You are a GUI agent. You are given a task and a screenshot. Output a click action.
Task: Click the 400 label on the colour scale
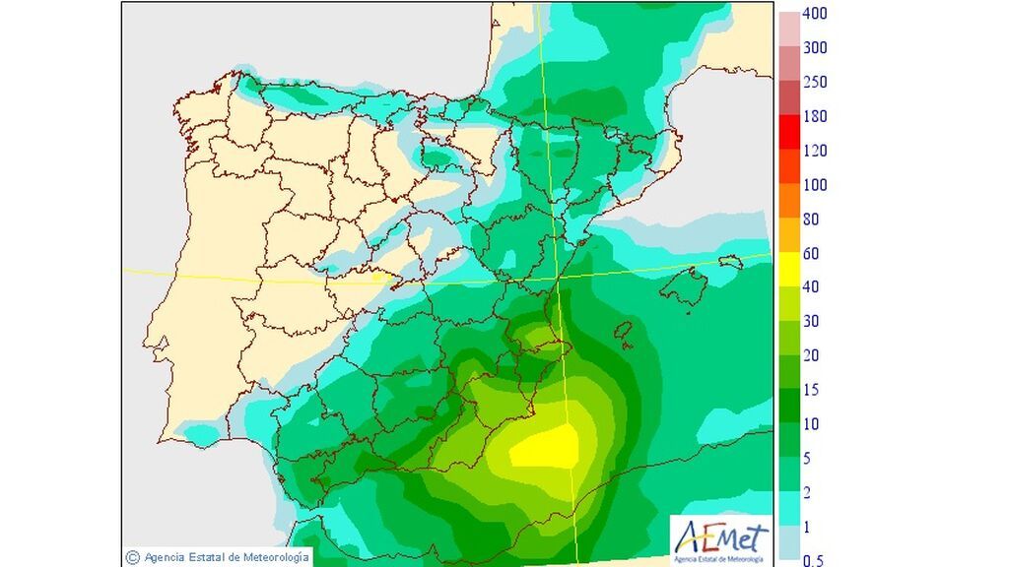tap(814, 14)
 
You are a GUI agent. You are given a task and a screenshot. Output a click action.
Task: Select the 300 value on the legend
tap(814, 48)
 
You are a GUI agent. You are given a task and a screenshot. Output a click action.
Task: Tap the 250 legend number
tap(814, 83)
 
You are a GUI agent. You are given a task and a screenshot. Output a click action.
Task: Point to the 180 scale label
tap(814, 117)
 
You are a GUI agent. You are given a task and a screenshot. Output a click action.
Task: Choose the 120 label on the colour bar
tap(814, 152)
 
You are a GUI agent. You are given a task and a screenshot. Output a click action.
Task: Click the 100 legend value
tap(814, 185)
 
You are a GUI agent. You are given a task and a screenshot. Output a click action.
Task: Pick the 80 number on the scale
tap(811, 220)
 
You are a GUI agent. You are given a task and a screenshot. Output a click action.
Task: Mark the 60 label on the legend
tap(811, 254)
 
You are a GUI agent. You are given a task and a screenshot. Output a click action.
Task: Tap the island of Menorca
tap(729, 262)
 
